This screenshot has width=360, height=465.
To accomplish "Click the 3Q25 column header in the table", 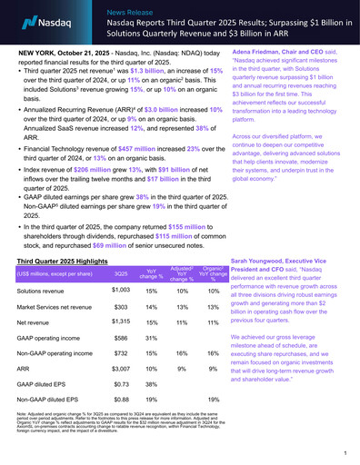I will pos(121,275).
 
